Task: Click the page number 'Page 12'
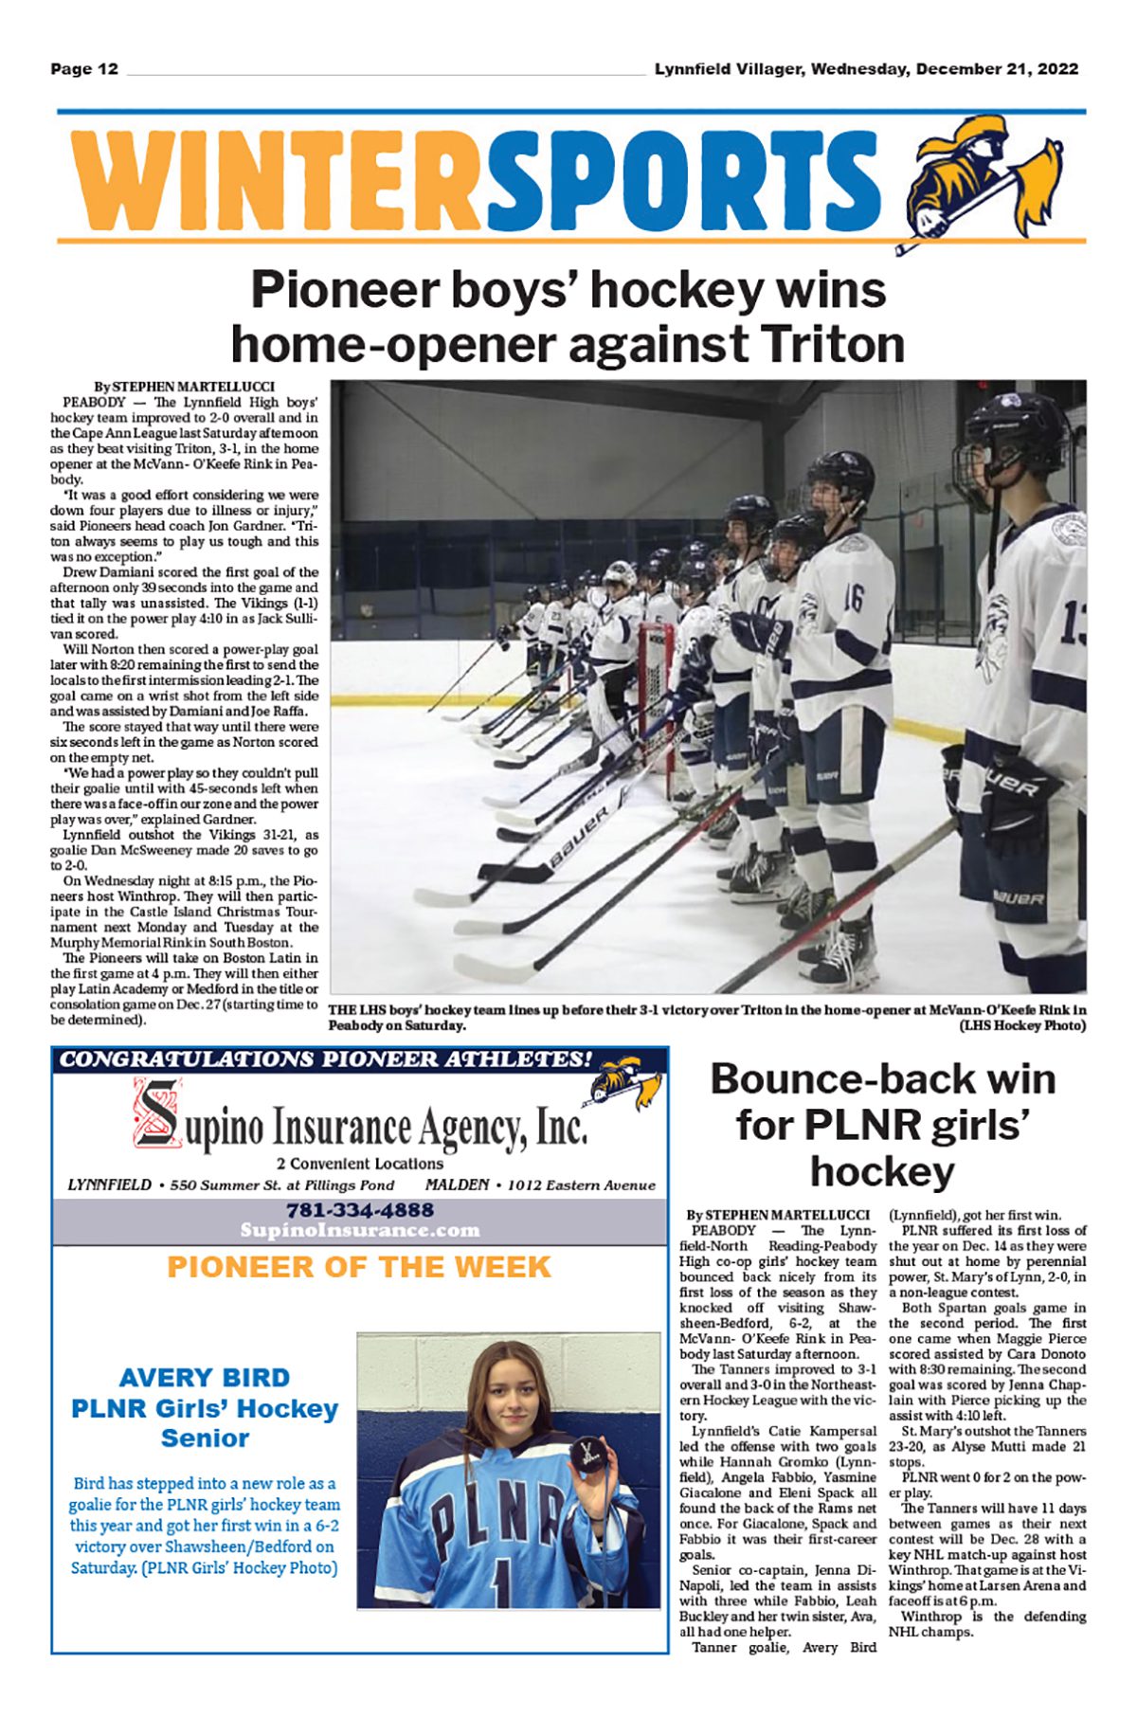pyautogui.click(x=84, y=69)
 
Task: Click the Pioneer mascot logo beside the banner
pyautogui.click(x=985, y=180)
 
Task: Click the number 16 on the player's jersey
pyautogui.click(x=852, y=597)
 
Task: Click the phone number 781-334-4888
pyautogui.click(x=360, y=1210)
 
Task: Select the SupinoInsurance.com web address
pyautogui.click(x=360, y=1230)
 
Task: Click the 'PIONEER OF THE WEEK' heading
pyautogui.click(x=359, y=1267)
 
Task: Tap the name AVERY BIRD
pyautogui.click(x=205, y=1378)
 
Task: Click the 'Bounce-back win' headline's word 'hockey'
pyautogui.click(x=882, y=1172)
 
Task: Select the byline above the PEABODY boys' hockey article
pyautogui.click(x=185, y=387)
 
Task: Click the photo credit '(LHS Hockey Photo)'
pyautogui.click(x=1022, y=1025)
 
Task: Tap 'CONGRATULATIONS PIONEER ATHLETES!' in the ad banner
pyautogui.click(x=327, y=1059)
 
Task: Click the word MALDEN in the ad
pyautogui.click(x=458, y=1185)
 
